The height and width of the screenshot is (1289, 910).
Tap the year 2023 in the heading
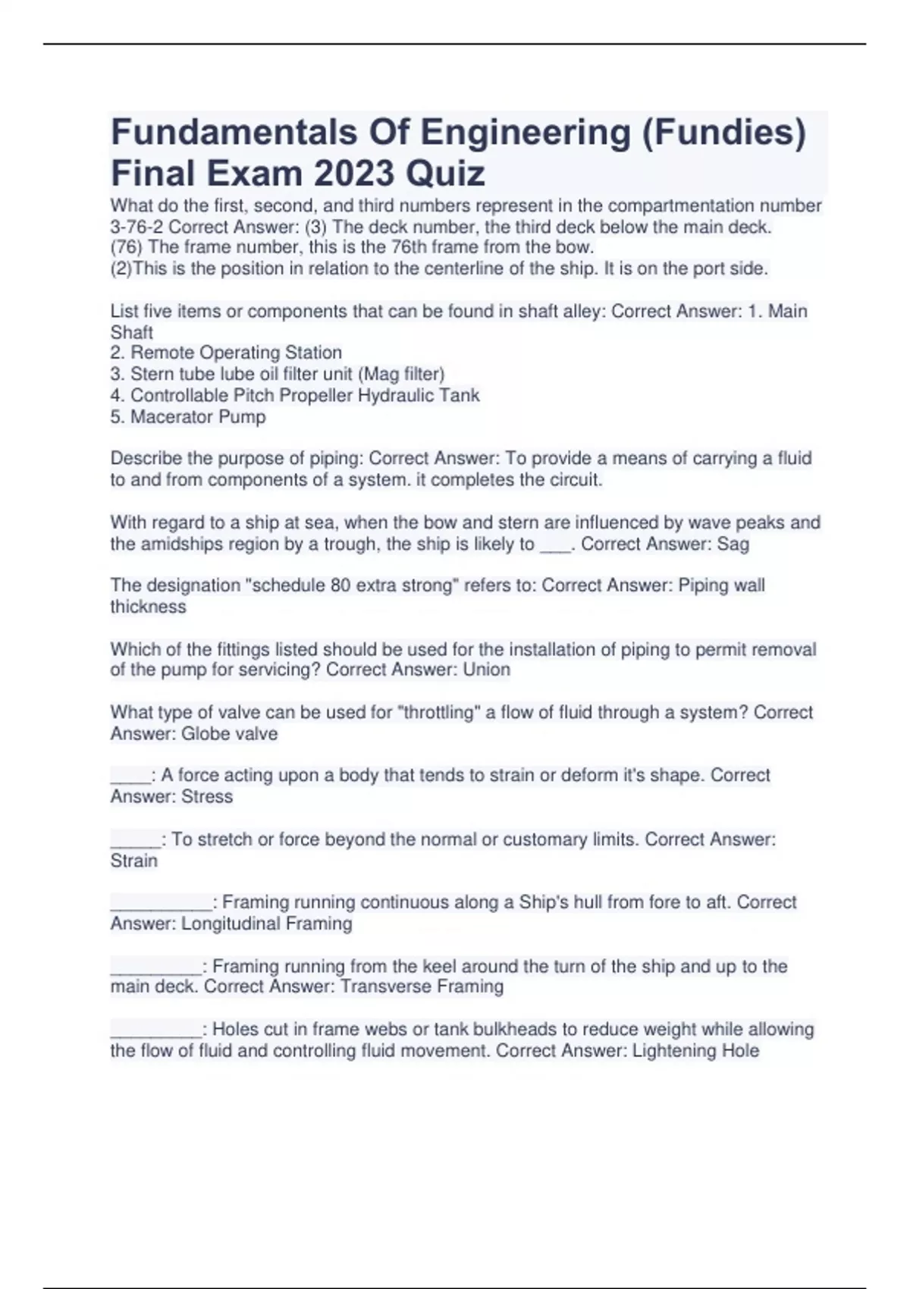(354, 174)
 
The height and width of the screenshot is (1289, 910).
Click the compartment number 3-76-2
(137, 227)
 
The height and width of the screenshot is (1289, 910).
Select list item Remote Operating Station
(235, 353)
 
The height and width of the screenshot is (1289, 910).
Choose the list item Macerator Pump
(198, 416)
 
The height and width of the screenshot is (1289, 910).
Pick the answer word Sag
(733, 544)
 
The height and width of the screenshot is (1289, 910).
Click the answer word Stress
(207, 796)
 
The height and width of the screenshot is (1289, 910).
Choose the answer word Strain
(134, 861)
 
